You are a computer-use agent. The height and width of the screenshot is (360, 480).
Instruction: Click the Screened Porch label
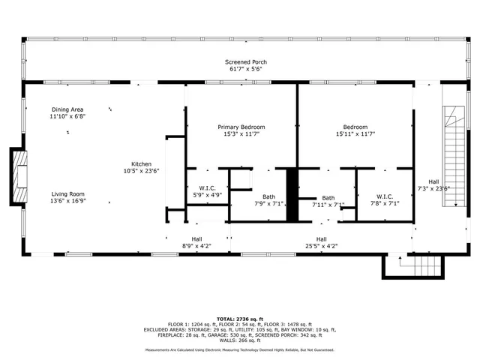coord(246,62)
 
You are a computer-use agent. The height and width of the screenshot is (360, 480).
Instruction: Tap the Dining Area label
coord(68,109)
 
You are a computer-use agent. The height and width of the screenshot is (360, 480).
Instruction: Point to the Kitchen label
coord(142,164)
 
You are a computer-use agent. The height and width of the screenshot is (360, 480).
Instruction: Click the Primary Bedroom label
coord(241,127)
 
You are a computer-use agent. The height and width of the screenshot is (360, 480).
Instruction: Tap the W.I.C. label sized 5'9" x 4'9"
coord(208,188)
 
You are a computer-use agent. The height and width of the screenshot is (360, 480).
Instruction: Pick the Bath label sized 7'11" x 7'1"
coord(328,197)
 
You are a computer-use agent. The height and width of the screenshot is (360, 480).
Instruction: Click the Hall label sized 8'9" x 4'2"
coord(196,239)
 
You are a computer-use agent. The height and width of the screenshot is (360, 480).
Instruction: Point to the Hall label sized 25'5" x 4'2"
coord(322,239)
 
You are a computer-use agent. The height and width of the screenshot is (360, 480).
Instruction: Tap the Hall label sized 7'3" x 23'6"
coord(433,181)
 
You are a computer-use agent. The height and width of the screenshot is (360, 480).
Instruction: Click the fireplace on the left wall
coord(19,176)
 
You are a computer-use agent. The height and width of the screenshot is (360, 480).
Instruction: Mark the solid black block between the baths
coord(293,194)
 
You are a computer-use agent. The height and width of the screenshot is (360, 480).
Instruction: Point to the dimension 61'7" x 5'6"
coord(246,69)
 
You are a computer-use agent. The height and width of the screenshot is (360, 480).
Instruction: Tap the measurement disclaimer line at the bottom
coord(239,349)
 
